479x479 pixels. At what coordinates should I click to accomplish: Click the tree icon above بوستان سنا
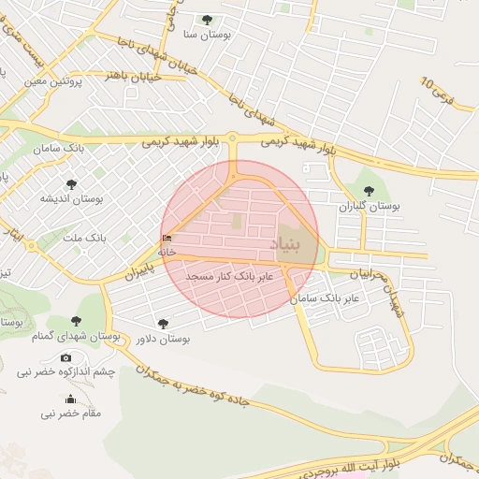point(207,20)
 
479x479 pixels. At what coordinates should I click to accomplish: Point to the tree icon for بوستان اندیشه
point(71,184)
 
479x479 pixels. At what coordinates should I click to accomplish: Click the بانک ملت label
point(84,239)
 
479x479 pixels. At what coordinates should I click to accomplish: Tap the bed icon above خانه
point(167,239)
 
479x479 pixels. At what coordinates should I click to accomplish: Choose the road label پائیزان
point(138,273)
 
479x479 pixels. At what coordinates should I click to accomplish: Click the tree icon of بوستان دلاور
point(164,324)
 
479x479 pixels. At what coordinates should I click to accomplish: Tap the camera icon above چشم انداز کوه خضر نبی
point(65,357)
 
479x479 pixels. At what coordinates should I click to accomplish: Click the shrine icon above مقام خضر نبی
point(71,399)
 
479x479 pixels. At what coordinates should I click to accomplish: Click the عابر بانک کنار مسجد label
point(229,278)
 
